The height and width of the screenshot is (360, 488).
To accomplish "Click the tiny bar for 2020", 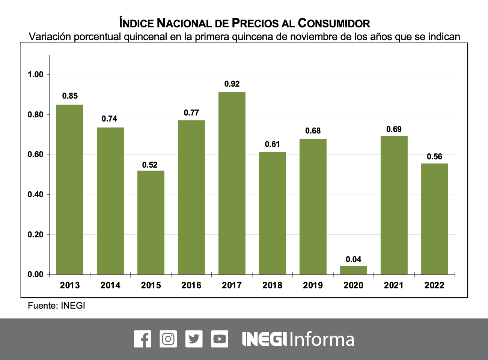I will tap(353, 270).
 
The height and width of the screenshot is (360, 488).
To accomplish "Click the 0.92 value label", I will tap(232, 84).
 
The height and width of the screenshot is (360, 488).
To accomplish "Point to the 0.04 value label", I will tap(353, 259).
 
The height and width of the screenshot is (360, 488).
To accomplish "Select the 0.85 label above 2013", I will tap(70, 96).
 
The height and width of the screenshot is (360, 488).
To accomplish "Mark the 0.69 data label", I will tap(394, 129).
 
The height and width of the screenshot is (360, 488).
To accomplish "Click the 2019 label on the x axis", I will tap(313, 285).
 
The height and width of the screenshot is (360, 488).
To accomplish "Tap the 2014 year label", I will tap(110, 285).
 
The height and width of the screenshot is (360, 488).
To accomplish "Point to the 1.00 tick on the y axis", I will tap(36, 75).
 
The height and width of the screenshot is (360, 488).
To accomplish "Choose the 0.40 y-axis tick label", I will tap(36, 195).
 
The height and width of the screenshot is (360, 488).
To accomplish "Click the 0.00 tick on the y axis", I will tap(36, 274).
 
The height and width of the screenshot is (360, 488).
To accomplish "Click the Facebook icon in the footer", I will tap(143, 339).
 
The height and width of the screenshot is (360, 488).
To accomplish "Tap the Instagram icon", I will tap(168, 339).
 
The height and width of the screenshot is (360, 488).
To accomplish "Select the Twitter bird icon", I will tap(194, 339).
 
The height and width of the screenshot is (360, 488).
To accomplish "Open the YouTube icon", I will tap(219, 339).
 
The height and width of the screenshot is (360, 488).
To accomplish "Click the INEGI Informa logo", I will tap(298, 339).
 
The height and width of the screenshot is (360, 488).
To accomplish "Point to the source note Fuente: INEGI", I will tap(56, 306).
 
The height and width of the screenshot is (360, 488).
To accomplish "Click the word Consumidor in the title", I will tap(334, 23).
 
